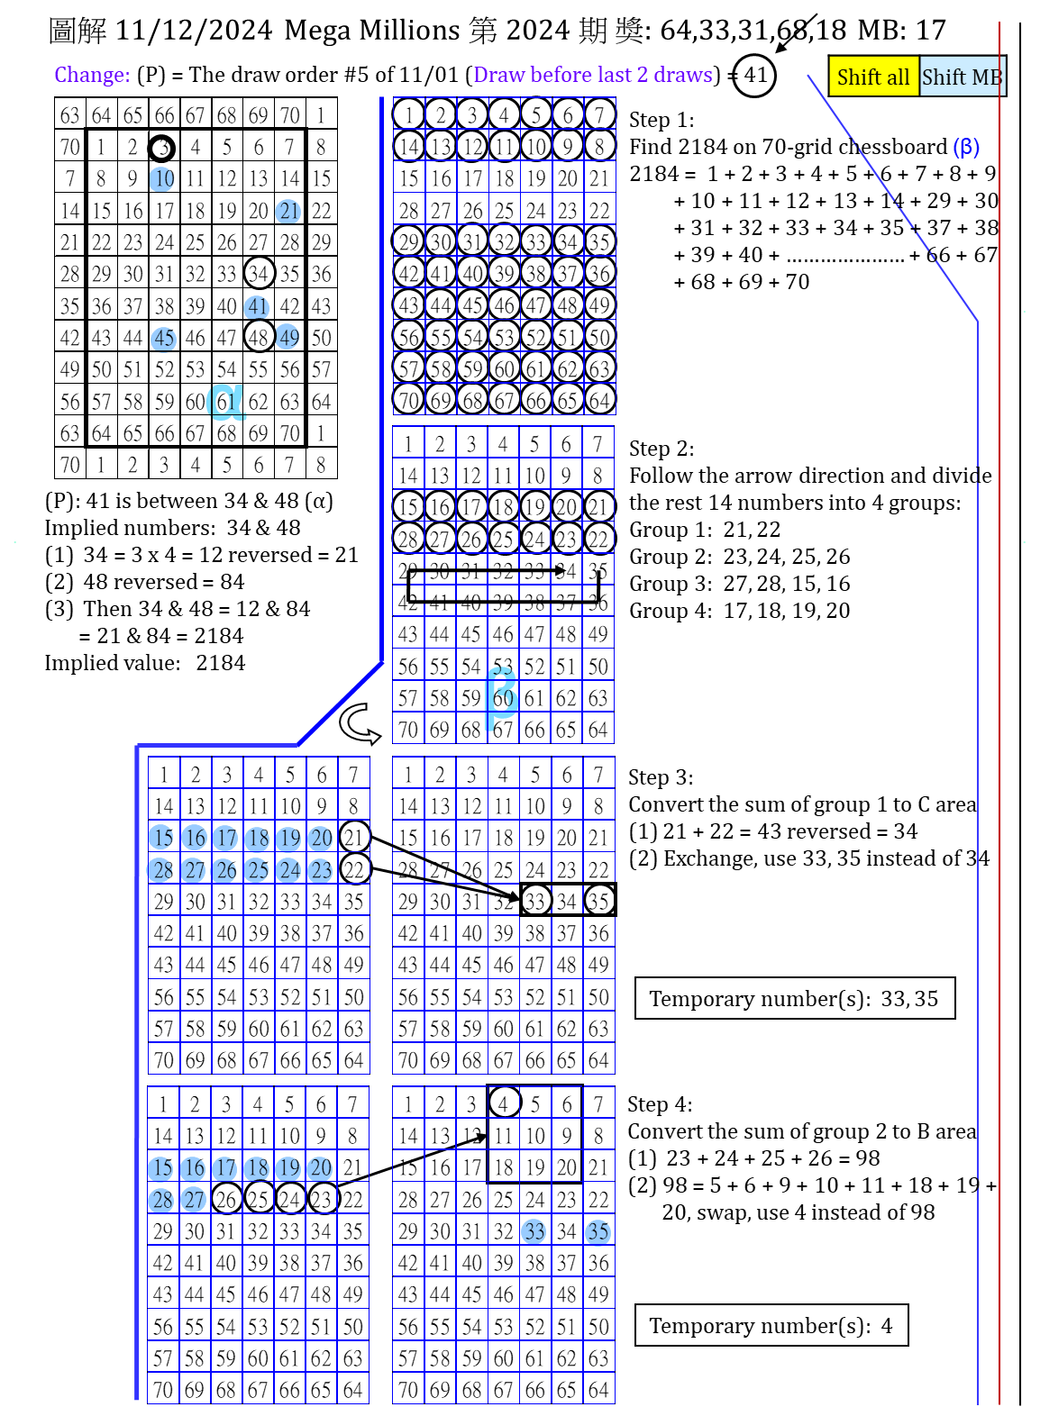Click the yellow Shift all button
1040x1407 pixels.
872,77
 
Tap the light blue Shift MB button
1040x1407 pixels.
961,77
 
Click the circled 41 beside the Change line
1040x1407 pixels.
754,75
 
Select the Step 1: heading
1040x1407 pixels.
661,120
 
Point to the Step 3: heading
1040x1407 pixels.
661,777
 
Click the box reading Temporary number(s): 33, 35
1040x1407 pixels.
794,998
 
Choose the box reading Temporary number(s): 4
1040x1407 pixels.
771,1325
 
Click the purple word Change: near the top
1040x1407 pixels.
92,75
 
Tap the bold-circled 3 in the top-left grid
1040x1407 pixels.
162,147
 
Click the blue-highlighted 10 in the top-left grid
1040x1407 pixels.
163,178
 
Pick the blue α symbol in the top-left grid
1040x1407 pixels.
225,401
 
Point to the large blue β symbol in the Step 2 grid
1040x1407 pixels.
501,695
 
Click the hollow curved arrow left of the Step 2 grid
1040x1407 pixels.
360,724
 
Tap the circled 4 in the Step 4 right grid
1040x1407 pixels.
503,1103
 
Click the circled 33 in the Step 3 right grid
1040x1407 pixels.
535,901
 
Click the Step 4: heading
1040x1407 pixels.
660,1104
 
